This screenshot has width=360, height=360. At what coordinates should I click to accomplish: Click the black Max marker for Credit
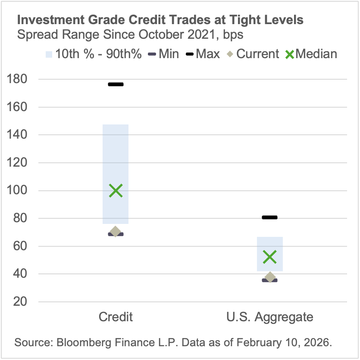[116, 84]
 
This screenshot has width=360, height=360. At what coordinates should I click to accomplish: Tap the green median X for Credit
[116, 190]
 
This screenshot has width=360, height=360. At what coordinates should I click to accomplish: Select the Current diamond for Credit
[116, 232]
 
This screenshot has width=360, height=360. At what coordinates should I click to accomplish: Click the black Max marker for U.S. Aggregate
[270, 217]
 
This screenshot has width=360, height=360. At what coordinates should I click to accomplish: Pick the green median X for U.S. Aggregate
[270, 257]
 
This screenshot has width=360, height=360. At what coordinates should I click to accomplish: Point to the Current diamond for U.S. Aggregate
[270, 277]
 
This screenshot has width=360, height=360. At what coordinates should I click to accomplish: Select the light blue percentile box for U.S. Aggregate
[270, 245]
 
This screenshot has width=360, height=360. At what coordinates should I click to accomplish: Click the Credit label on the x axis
[116, 317]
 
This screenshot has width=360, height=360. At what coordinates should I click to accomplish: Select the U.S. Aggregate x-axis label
[270, 317]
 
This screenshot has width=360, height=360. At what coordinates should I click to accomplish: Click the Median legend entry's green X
[290, 54]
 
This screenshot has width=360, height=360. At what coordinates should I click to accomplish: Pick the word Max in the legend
[208, 54]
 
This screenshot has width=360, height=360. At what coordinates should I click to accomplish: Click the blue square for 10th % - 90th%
[49, 54]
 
